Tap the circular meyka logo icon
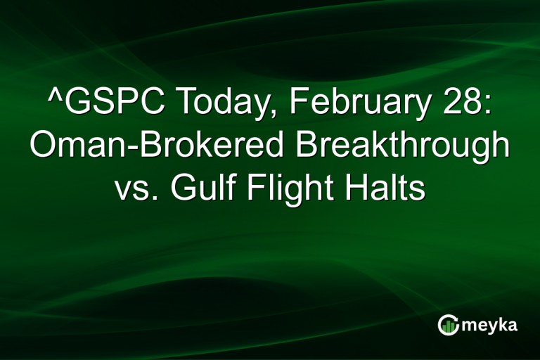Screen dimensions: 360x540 (448, 325)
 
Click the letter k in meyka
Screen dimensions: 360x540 (499, 324)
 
